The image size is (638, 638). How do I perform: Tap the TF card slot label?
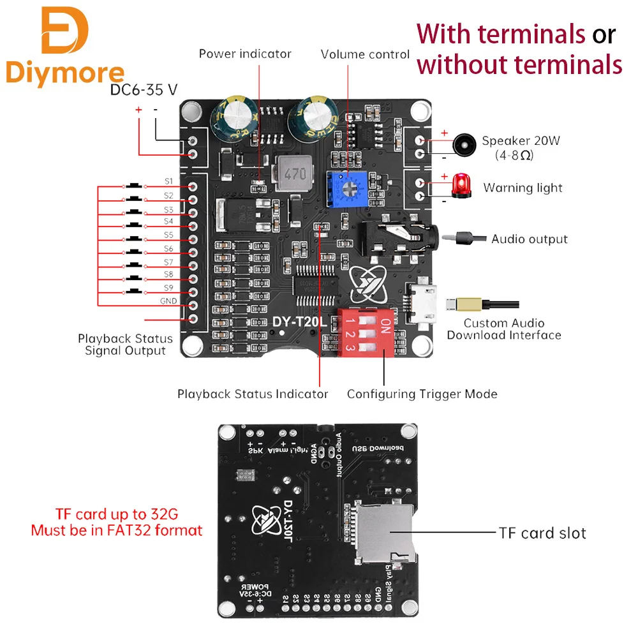pyautogui.click(x=540, y=533)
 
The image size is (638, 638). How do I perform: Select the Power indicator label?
pyautogui.click(x=245, y=54)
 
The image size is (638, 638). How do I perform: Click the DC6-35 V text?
pyautogui.click(x=144, y=90)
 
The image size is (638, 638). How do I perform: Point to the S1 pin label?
pyautogui.click(x=168, y=181)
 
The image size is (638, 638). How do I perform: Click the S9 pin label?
pyautogui.click(x=168, y=288)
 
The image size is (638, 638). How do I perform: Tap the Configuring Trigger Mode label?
pyautogui.click(x=422, y=394)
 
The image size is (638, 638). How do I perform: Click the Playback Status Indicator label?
pyautogui.click(x=253, y=394)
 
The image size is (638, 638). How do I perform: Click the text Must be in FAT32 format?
pyautogui.click(x=117, y=530)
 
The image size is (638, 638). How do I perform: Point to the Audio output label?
pyautogui.click(x=529, y=239)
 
